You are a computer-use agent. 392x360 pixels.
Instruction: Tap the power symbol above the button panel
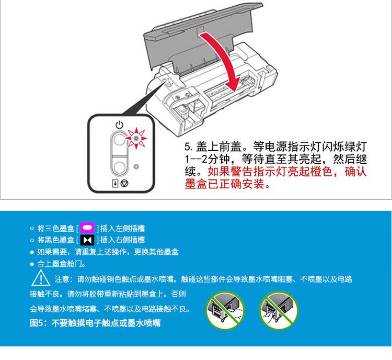tap(120, 125)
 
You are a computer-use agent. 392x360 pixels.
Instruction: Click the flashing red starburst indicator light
tap(136, 138)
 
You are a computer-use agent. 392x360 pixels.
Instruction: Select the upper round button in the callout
tap(119, 140)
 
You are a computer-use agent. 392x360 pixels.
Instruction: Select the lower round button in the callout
tap(119, 167)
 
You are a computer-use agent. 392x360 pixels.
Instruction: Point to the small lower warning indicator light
tap(136, 166)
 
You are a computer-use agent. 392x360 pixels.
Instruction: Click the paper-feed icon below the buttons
tap(115, 183)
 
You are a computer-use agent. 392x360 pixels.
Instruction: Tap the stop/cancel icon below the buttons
tap(124, 183)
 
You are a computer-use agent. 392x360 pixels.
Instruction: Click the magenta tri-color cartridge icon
tap(87, 228)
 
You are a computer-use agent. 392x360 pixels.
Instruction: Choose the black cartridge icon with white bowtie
tap(87, 240)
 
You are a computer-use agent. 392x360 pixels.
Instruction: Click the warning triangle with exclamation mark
tap(41, 277)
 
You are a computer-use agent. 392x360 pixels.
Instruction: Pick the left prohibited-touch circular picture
tap(225, 310)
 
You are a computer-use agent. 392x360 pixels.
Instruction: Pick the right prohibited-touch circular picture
tap(279, 310)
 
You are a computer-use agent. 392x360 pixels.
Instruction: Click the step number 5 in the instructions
tap(187, 147)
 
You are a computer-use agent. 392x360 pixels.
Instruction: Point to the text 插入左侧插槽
tap(122, 228)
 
